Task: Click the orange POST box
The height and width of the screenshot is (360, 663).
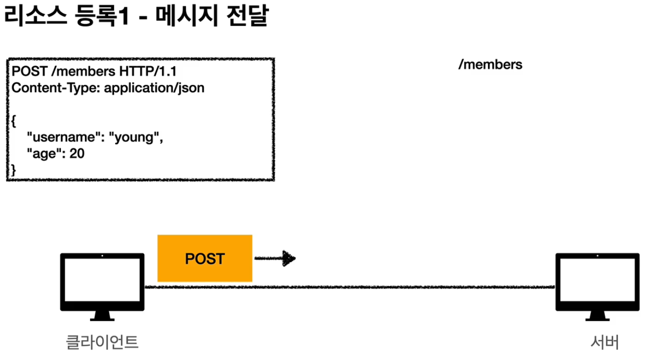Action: click(205, 258)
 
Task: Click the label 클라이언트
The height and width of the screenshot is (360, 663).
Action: click(102, 342)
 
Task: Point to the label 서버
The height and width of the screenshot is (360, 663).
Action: click(605, 342)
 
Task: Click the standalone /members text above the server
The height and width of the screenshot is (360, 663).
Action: click(490, 65)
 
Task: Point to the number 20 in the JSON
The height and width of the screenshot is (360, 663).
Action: click(77, 154)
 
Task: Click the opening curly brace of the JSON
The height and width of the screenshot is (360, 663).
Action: click(13, 121)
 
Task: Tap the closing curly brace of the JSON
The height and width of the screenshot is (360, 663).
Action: click(13, 170)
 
